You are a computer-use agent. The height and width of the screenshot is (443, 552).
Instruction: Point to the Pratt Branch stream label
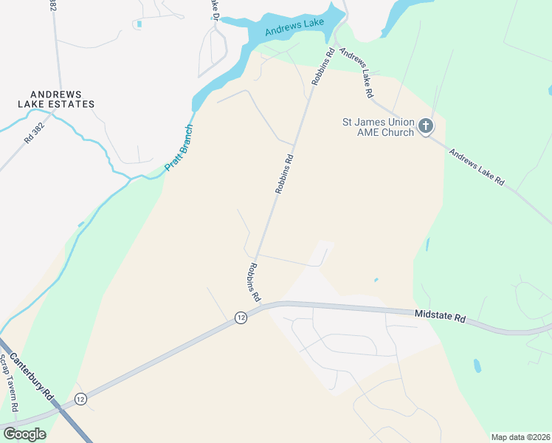(x=179, y=147)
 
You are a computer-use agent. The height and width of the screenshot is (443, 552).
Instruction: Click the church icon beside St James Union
(x=425, y=126)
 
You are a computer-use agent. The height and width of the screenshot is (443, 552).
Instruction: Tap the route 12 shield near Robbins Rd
(x=241, y=317)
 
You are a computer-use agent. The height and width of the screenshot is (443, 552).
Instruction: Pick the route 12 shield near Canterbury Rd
(x=80, y=399)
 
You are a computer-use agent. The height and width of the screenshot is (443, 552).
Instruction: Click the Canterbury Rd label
(x=38, y=378)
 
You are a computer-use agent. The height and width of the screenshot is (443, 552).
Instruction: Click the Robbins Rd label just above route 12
(x=255, y=282)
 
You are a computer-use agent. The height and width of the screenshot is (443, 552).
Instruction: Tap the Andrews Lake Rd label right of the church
(x=477, y=169)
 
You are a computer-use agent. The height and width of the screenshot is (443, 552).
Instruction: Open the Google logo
(x=24, y=434)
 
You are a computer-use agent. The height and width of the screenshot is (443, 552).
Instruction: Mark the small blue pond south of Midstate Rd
(x=477, y=365)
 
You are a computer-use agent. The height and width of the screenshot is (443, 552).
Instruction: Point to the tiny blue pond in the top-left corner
(x=139, y=24)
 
